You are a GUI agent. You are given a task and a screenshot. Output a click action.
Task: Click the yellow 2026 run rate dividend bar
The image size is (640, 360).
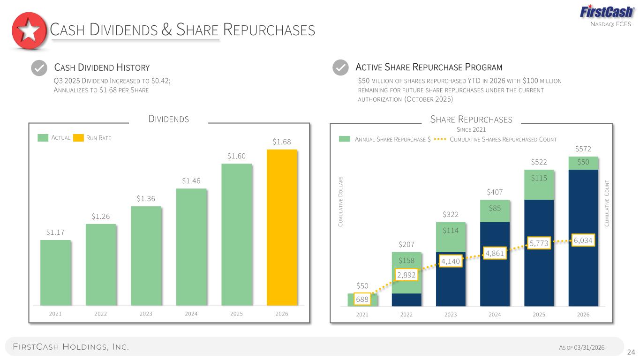coord(282,227)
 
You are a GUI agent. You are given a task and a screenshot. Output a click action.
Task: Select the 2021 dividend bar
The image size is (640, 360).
coord(55,272)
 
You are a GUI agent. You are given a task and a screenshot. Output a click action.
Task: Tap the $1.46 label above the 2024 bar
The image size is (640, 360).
coord(191,181)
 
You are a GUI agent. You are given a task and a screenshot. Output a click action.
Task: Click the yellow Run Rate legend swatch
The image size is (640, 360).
coord(78,138)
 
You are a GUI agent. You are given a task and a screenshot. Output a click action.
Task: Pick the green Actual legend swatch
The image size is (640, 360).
coord(43,138)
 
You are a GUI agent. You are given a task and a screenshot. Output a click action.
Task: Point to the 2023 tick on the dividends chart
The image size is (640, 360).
coord(146,314)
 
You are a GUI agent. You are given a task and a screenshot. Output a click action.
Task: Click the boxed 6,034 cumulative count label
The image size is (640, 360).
coord(583,240)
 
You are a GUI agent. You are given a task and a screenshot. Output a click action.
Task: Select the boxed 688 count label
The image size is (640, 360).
coord(362,299)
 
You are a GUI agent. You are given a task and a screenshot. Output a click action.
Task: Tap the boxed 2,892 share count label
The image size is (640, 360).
coord(406,275)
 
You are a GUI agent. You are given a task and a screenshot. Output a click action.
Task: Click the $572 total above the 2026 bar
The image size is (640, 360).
coord(583,149)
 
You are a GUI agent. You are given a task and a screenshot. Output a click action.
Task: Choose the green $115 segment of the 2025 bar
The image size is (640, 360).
coord(539,185)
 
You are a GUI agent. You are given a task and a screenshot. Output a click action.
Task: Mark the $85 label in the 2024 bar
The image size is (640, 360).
coord(495,208)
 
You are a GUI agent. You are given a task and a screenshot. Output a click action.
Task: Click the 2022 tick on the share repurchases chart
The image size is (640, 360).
coord(406,315)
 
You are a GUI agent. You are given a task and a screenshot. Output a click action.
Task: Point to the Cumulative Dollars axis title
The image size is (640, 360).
coord(340,202)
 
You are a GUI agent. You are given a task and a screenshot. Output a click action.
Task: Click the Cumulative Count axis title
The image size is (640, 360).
coord(607,203)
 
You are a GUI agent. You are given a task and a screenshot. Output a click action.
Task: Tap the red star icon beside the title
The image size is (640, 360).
coord(29,30)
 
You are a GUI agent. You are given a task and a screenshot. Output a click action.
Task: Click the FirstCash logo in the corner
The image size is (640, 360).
coord(607,12)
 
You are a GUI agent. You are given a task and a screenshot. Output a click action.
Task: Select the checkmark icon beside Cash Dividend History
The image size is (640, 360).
coord(39,68)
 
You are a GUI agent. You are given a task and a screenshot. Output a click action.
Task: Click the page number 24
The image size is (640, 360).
coord(631,352)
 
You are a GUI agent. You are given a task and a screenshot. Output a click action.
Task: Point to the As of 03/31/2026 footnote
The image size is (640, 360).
coord(582,347)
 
